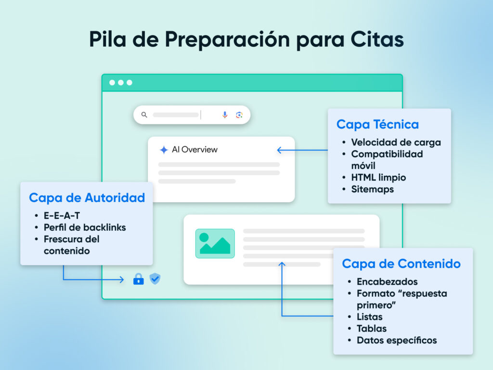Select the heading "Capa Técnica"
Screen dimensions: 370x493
(377, 124)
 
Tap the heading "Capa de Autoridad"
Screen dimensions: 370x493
(87, 198)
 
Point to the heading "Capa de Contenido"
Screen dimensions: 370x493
(401, 264)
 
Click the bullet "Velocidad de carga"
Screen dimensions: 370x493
(396, 142)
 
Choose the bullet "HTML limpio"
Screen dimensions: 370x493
(378, 177)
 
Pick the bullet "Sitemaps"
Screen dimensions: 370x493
(372, 189)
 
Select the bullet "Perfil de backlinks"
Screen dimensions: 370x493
(85, 227)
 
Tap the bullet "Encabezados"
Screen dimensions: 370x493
(387, 282)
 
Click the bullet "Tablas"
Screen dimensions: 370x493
(372, 329)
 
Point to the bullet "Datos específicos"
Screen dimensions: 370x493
(397, 340)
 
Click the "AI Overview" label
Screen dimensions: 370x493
(195, 150)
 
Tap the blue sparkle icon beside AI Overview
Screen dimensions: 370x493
(164, 150)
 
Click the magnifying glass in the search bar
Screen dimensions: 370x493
(144, 115)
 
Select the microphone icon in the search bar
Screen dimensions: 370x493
(225, 115)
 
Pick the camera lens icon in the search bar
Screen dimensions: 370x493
(239, 115)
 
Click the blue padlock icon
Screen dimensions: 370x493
(139, 279)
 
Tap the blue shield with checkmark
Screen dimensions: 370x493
(155, 278)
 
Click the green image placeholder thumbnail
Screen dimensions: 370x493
(215, 243)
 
